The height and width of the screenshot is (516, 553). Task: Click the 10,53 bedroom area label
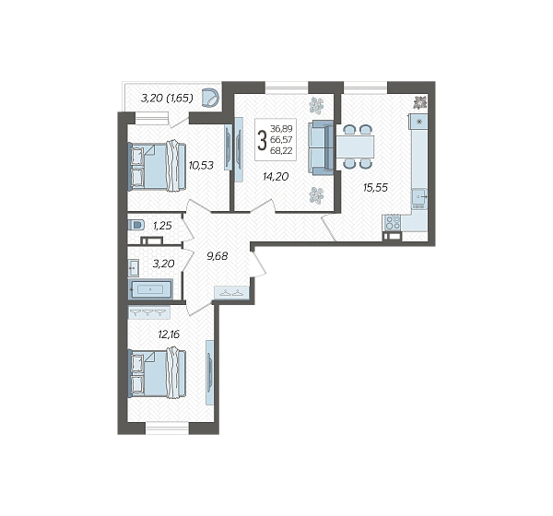point(201,165)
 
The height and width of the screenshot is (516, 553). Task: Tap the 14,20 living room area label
point(276,176)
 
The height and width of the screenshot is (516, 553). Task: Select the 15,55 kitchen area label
point(376,188)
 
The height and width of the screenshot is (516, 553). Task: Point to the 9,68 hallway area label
point(218,256)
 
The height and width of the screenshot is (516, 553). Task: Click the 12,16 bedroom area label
point(169,334)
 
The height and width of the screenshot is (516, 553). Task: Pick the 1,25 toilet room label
point(162,226)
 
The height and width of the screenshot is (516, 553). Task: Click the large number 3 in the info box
point(262,140)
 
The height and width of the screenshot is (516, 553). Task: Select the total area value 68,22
point(281,150)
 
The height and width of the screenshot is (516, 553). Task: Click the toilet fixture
point(136,225)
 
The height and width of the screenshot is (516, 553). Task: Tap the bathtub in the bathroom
point(150,289)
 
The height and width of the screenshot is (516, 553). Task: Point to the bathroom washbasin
point(134,268)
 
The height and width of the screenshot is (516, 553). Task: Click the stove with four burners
point(393,223)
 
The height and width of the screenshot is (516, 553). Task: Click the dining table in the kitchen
point(355,147)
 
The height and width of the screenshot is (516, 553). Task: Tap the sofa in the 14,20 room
point(321,147)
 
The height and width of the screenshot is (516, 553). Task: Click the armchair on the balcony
point(210,98)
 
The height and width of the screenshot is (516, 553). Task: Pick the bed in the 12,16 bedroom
point(157,373)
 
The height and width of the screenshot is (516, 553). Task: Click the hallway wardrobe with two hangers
point(231,293)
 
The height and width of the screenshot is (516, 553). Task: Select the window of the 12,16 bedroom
point(167,428)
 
